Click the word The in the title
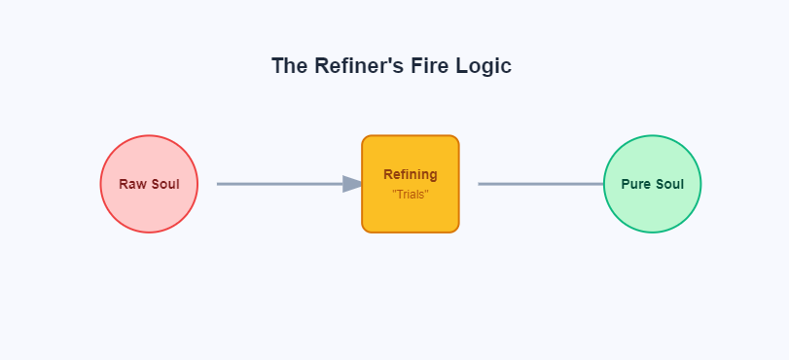click(290, 66)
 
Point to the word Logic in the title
click(485, 66)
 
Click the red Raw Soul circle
click(149, 209)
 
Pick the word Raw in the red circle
click(132, 184)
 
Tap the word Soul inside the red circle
click(164, 184)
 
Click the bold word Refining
click(411, 175)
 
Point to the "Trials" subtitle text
click(411, 195)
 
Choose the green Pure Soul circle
click(652, 209)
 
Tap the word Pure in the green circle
click(636, 184)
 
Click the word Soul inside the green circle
click(668, 184)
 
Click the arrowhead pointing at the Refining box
click(353, 184)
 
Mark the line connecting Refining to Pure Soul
click(540, 184)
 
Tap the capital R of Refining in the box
click(388, 175)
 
